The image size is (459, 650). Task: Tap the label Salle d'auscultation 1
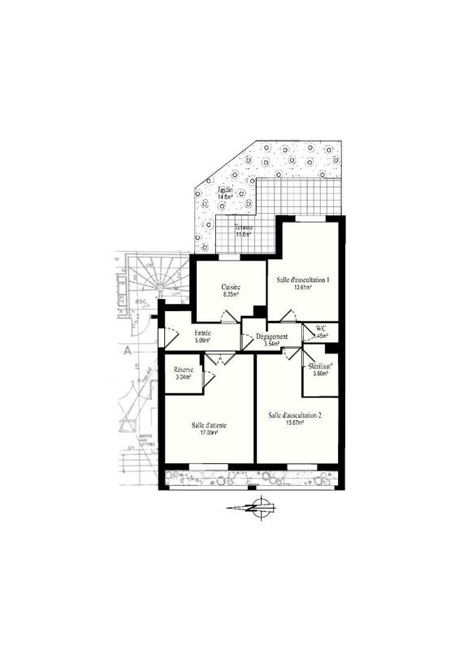click(x=301, y=279)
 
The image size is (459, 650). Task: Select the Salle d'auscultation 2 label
click(x=295, y=415)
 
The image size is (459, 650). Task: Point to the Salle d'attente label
click(x=209, y=425)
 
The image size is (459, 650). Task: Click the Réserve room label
click(x=184, y=370)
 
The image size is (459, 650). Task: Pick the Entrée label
click(x=203, y=333)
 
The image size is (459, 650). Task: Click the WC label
click(x=321, y=328)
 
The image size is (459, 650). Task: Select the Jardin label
click(x=224, y=188)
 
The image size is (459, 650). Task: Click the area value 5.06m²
click(x=203, y=341)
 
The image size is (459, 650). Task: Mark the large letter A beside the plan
click(x=128, y=353)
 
